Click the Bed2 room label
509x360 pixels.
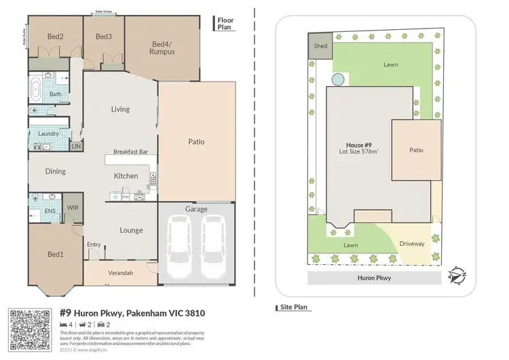56,37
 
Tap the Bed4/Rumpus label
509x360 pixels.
163,48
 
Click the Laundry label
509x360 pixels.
49,134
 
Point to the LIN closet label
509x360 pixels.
76,146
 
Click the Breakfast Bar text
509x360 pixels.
130,152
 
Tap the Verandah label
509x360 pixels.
121,273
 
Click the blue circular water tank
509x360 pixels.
337,79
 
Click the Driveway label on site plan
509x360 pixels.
411,243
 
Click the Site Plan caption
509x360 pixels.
295,308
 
